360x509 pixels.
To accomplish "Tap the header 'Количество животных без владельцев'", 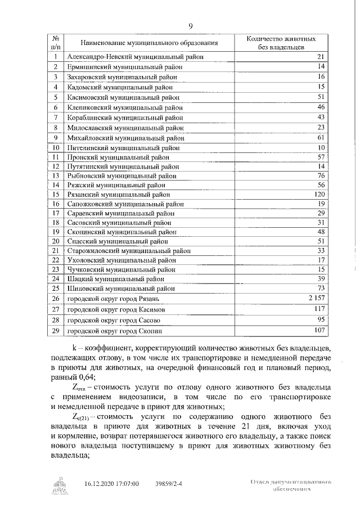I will tap(281, 43).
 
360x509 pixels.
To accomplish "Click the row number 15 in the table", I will tap(56, 193).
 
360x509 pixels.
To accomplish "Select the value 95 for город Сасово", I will tap(322, 320).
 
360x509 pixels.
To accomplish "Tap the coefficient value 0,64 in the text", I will tap(86, 377).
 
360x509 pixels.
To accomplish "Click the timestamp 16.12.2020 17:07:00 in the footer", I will tap(111, 483).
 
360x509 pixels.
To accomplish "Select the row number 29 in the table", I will tap(56, 331).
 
